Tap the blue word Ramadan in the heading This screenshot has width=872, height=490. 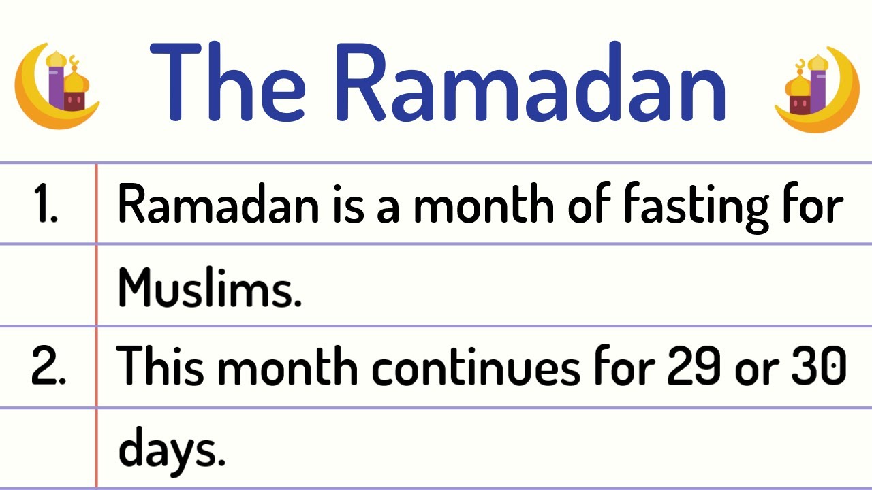point(531,84)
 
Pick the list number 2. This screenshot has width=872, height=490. point(48,368)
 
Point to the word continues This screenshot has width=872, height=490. point(477,368)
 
